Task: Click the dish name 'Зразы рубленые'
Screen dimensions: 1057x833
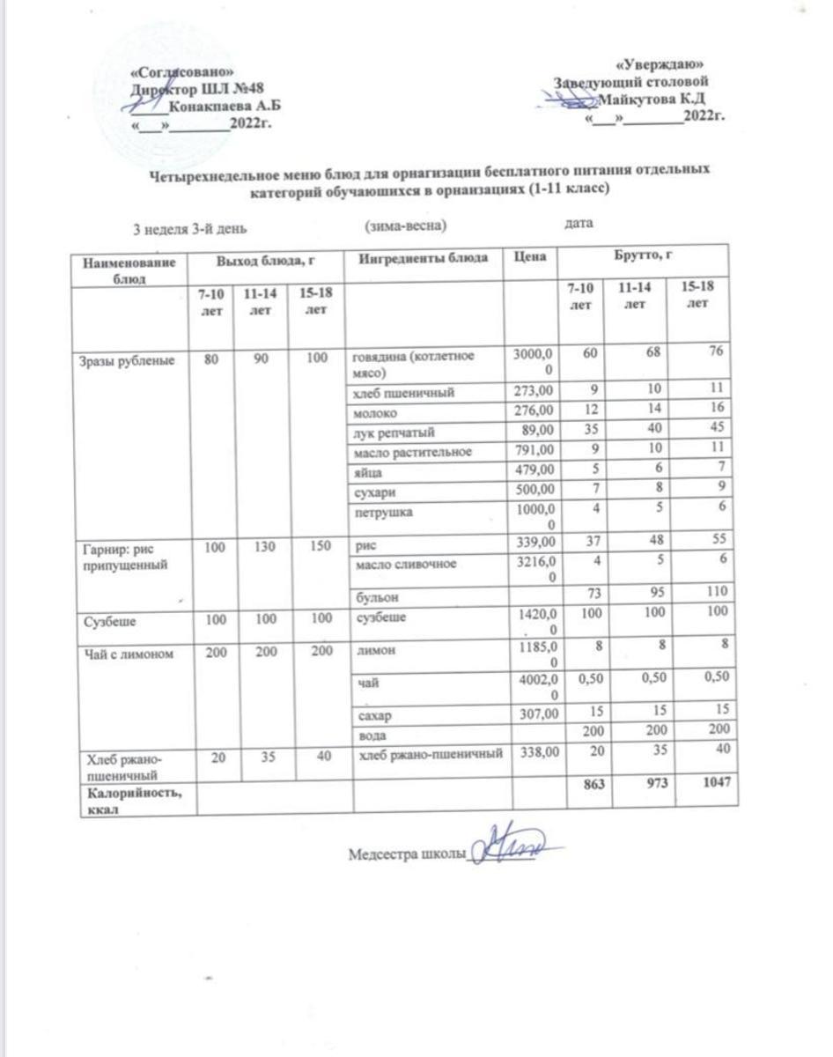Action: [119, 358]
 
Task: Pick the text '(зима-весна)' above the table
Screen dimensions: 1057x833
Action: [406, 226]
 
